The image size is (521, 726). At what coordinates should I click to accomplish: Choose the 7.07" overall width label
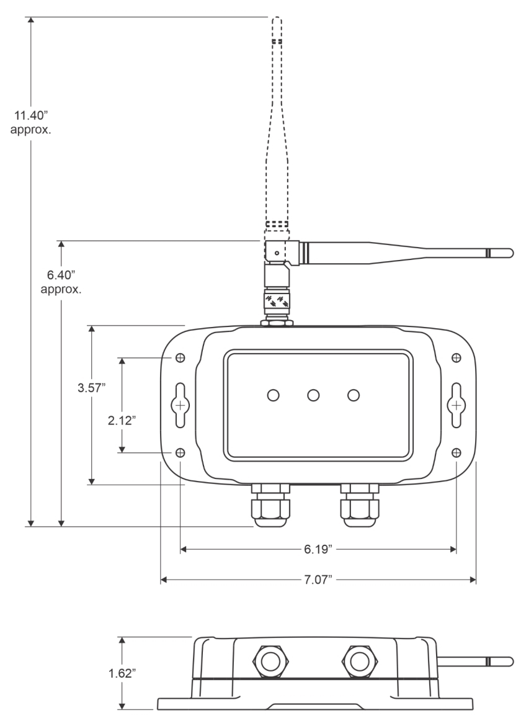(318, 580)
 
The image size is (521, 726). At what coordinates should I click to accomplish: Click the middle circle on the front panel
(313, 395)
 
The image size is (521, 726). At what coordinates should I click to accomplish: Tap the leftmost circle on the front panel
(272, 395)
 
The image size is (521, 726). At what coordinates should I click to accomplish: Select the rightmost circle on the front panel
(354, 395)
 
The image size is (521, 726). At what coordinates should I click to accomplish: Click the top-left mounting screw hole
(180, 358)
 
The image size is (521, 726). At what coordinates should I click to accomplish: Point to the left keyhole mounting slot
(180, 405)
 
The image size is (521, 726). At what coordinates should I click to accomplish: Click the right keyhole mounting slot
(456, 405)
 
